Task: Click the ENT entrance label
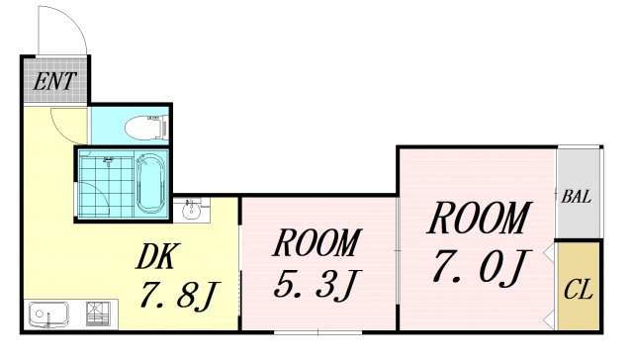pyautogui.click(x=54, y=80)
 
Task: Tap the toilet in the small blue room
pyautogui.click(x=146, y=126)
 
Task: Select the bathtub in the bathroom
pyautogui.click(x=150, y=184)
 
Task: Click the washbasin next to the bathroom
pyautogui.click(x=192, y=210)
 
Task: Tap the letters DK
pyautogui.click(x=155, y=258)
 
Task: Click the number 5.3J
pyautogui.click(x=315, y=286)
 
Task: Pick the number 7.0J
pyautogui.click(x=480, y=264)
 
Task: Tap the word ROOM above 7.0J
pyautogui.click(x=480, y=218)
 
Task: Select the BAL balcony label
pyautogui.click(x=577, y=196)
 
